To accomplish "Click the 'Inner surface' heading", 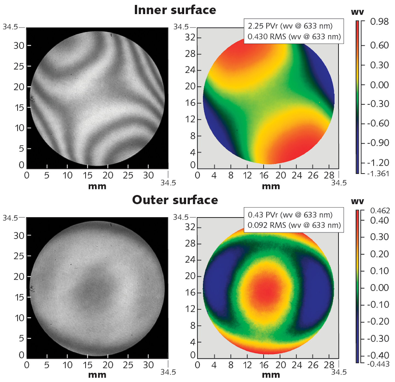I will click(175, 10).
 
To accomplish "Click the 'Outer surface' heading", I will click(175, 200).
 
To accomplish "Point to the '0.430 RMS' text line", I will click(267, 37).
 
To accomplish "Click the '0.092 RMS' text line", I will click(267, 225).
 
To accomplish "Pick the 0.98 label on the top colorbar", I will click(379, 21).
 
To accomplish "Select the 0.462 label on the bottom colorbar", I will click(380, 211).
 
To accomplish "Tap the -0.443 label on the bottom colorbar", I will click(379, 364).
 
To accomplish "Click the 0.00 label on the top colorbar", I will click(379, 85).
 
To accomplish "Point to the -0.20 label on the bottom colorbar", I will click(379, 321).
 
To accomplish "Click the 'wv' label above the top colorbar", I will click(357, 12).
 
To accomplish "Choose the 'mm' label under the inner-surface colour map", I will click(271, 186).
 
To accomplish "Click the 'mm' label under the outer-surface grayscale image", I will click(97, 375).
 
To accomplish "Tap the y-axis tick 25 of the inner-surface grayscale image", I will click(19, 66).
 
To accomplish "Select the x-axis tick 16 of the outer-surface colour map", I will click(264, 365).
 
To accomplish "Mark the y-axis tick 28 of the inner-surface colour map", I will click(190, 54).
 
